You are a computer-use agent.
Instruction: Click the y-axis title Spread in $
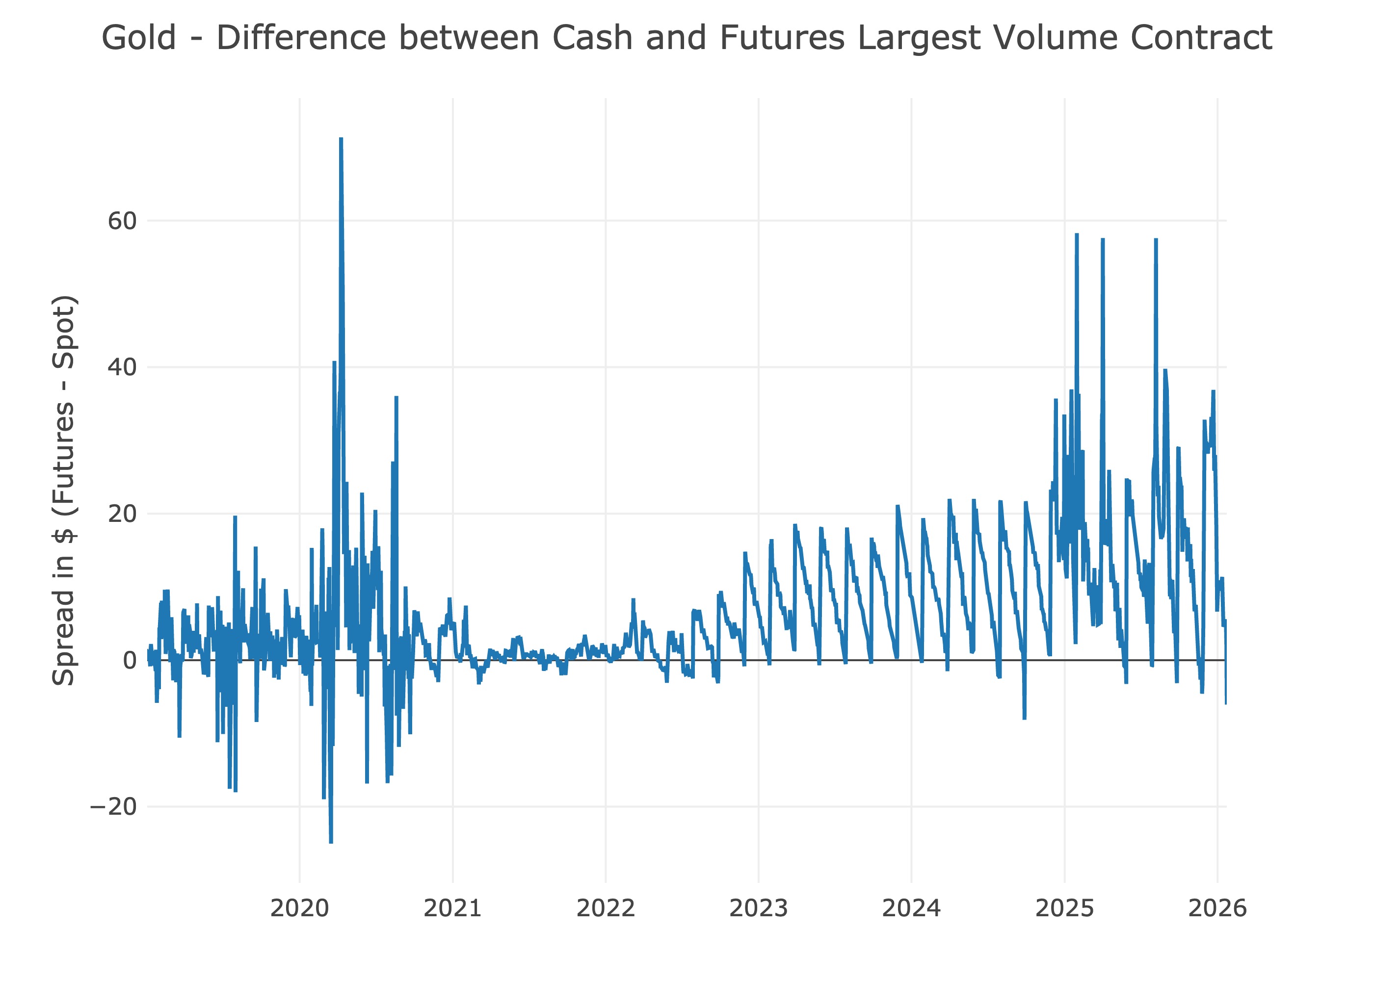tap(63, 490)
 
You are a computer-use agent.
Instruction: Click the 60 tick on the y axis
tap(122, 221)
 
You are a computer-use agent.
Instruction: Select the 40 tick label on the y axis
tap(122, 367)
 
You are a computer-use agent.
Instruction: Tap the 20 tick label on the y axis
tap(122, 514)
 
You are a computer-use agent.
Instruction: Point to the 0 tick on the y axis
tap(130, 661)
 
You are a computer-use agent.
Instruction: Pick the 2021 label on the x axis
tap(452, 908)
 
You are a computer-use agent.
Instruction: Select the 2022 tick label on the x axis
tap(606, 908)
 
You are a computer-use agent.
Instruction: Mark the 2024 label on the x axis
tap(911, 908)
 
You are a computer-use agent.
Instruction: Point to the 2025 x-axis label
tap(1065, 908)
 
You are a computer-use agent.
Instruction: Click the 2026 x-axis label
tap(1217, 908)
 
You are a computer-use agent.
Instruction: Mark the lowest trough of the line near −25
tap(331, 842)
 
